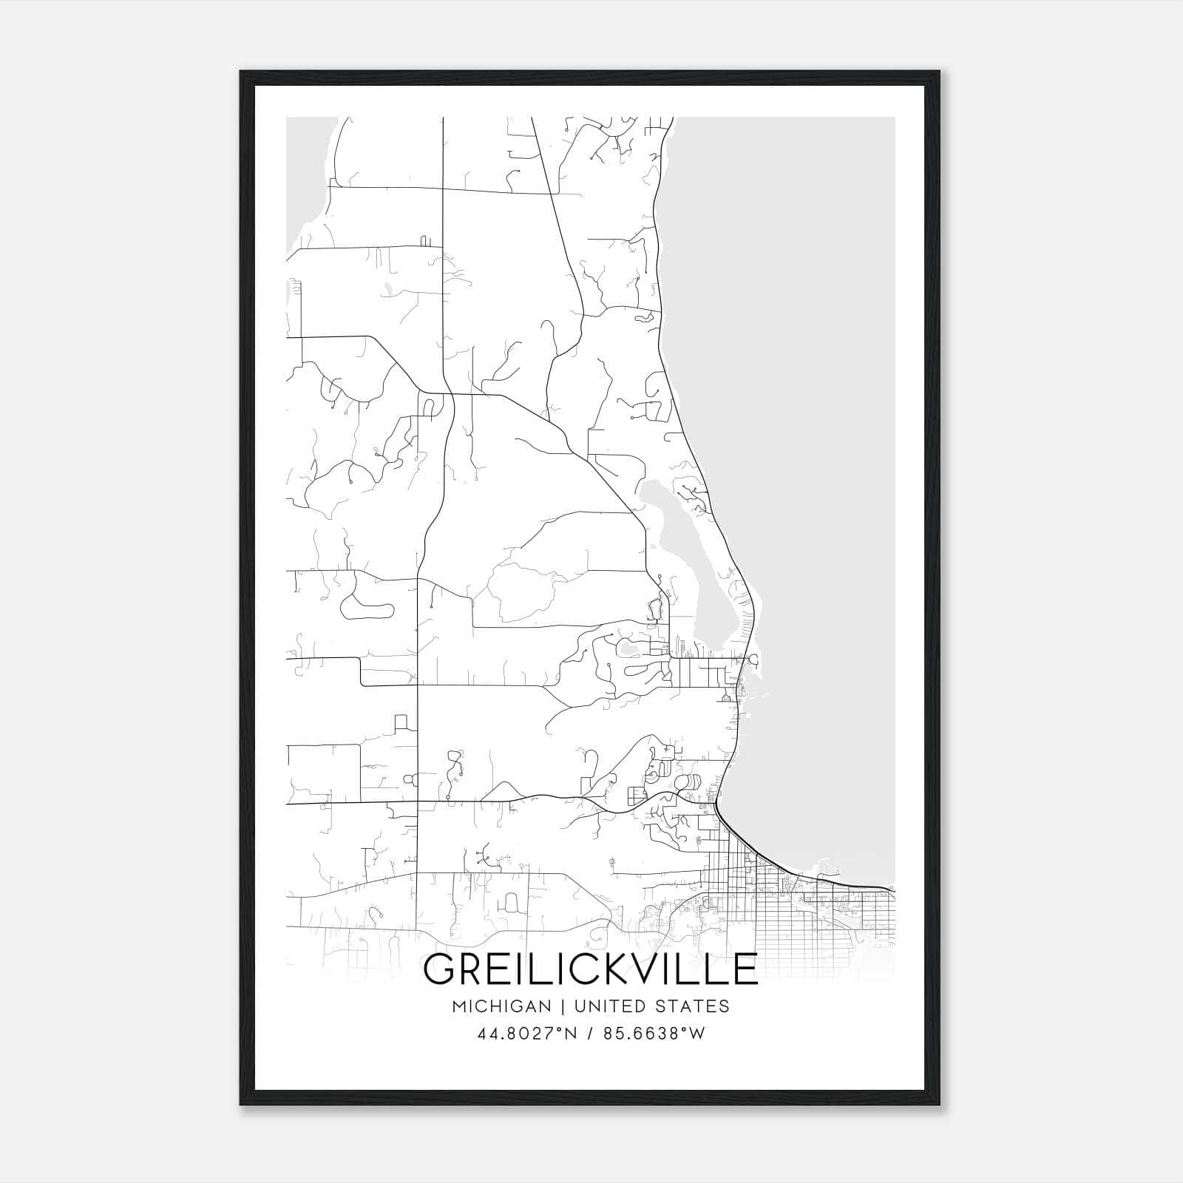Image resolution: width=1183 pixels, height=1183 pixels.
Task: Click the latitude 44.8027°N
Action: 526,1034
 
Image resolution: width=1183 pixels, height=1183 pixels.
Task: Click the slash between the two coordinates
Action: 590,1034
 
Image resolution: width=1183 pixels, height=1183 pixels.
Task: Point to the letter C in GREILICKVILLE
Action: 574,969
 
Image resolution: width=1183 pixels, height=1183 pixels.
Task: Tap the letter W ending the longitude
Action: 698,1034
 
